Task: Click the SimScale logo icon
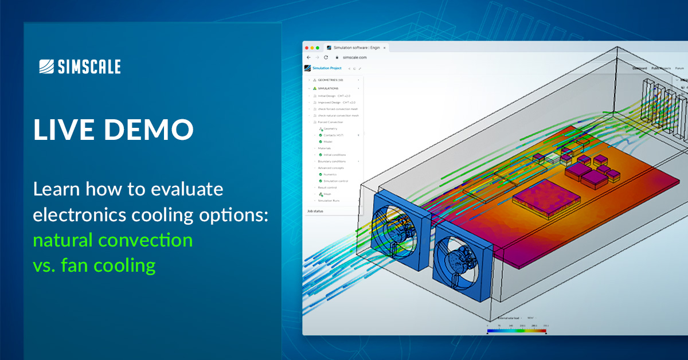[46, 67]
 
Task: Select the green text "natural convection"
[112, 240]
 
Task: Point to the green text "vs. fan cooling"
[94, 265]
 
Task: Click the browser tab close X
[385, 48]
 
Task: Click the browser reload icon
[326, 57]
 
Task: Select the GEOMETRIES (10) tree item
[330, 80]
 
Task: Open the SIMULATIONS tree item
[328, 88]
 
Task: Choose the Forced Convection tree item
[331, 122]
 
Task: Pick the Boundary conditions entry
[332, 161]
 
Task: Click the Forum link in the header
[679, 68]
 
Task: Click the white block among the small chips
[552, 156]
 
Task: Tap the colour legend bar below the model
[517, 331]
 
